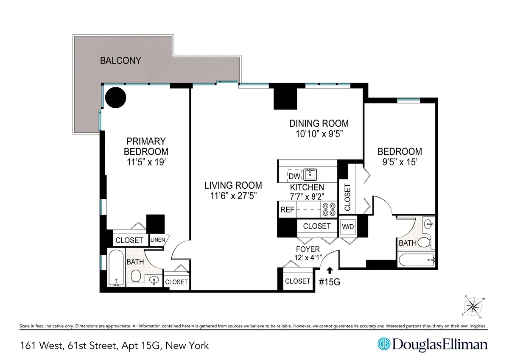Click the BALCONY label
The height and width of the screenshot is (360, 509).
pos(120,61)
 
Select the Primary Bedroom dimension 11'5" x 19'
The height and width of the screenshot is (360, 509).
pos(145,162)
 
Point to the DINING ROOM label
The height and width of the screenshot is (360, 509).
pos(319,123)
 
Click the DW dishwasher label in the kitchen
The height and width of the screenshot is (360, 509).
pos(294,176)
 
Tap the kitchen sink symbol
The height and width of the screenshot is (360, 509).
pos(311,174)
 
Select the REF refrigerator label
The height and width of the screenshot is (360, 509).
pos(287,209)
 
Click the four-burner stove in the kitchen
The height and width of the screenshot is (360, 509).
pos(330,209)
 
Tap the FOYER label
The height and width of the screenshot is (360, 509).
pos(308,249)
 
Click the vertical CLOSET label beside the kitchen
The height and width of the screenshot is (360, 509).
pos(347,197)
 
